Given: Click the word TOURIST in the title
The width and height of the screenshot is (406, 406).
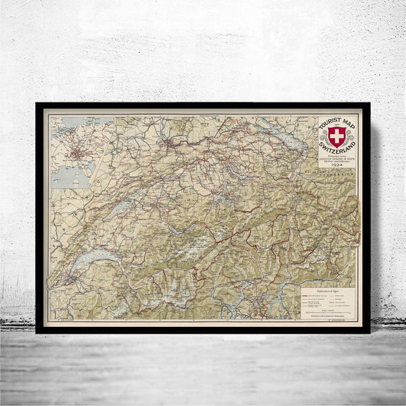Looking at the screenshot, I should tap(330, 125).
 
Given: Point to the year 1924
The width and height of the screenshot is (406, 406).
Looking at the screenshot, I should tap(336, 164).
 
